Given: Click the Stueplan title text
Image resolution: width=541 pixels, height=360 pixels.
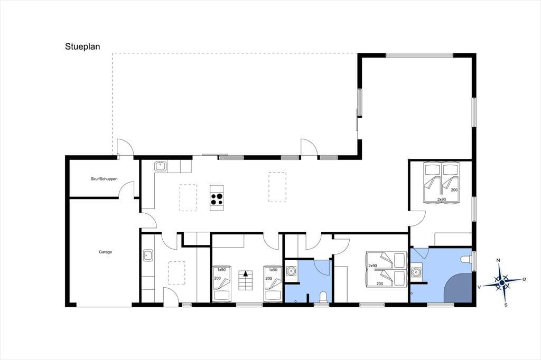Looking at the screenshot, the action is [82, 46].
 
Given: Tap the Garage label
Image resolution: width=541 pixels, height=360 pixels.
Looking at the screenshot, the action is [105, 252].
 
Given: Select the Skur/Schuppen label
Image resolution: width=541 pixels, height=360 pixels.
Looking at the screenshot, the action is [104, 179].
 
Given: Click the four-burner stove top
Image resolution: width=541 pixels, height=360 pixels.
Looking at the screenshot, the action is [217, 198].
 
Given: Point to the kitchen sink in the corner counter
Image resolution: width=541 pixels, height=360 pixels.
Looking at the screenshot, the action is [160, 167].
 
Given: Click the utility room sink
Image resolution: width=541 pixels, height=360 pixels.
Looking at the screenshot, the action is [148, 256].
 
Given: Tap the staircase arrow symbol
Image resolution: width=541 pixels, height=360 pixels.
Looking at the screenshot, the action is [245, 274].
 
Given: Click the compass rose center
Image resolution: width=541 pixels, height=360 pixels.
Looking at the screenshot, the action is [502, 282].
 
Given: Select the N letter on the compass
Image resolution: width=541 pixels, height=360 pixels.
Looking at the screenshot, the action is [498, 260].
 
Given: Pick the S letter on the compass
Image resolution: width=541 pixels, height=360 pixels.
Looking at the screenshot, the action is [506, 305].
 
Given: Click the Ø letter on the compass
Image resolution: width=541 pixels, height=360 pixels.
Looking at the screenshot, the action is [524, 279].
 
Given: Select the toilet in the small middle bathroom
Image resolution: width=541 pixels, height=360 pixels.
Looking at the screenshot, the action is [323, 297].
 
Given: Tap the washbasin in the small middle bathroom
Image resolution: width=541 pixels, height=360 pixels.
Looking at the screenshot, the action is [292, 271].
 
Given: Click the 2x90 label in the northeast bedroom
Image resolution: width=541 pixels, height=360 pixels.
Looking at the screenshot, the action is [442, 199].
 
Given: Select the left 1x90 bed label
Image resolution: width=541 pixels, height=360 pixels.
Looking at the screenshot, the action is [221, 270].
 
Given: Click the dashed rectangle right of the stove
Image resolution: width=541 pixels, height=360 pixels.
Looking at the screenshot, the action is [277, 187].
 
